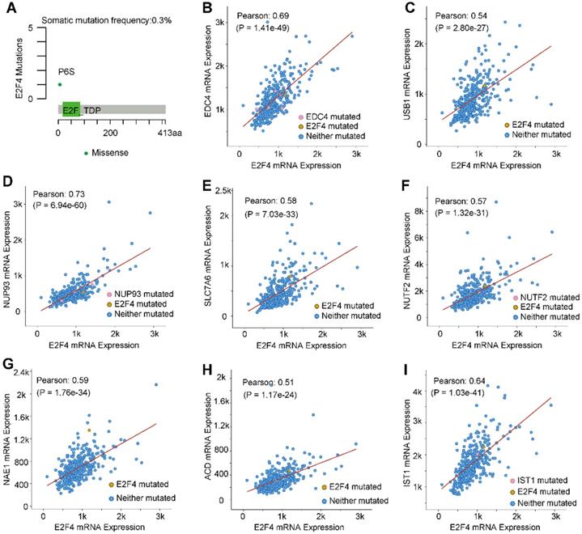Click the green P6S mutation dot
coord(59,84)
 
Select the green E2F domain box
coord(70,108)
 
